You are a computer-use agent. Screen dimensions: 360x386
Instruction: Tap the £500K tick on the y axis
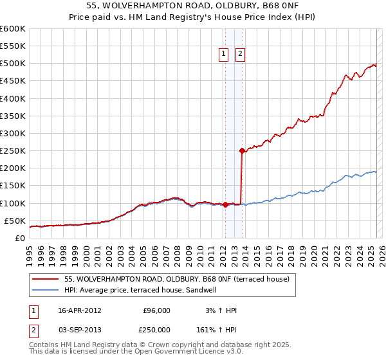[x=13, y=64]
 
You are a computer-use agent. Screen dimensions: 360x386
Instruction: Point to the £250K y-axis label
[x=13, y=151]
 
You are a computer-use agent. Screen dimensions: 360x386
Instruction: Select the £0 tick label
[x=20, y=238]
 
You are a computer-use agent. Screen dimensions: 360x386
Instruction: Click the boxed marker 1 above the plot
[x=224, y=55]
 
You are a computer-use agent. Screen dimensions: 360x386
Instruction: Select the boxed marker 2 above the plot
[x=240, y=55]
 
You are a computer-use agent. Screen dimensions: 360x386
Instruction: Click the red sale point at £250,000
[x=242, y=151]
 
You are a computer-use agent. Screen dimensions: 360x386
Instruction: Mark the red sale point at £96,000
[x=226, y=204]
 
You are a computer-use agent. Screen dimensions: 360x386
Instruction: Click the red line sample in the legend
[x=46, y=279]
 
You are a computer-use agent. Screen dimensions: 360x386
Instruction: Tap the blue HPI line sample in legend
[x=46, y=290]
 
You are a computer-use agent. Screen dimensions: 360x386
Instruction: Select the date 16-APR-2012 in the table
[x=80, y=310]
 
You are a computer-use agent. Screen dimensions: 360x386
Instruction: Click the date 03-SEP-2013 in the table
[x=80, y=329]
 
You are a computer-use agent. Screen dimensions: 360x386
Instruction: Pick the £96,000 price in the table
[x=156, y=310]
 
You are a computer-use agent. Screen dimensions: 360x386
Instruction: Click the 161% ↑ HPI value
[x=217, y=329]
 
